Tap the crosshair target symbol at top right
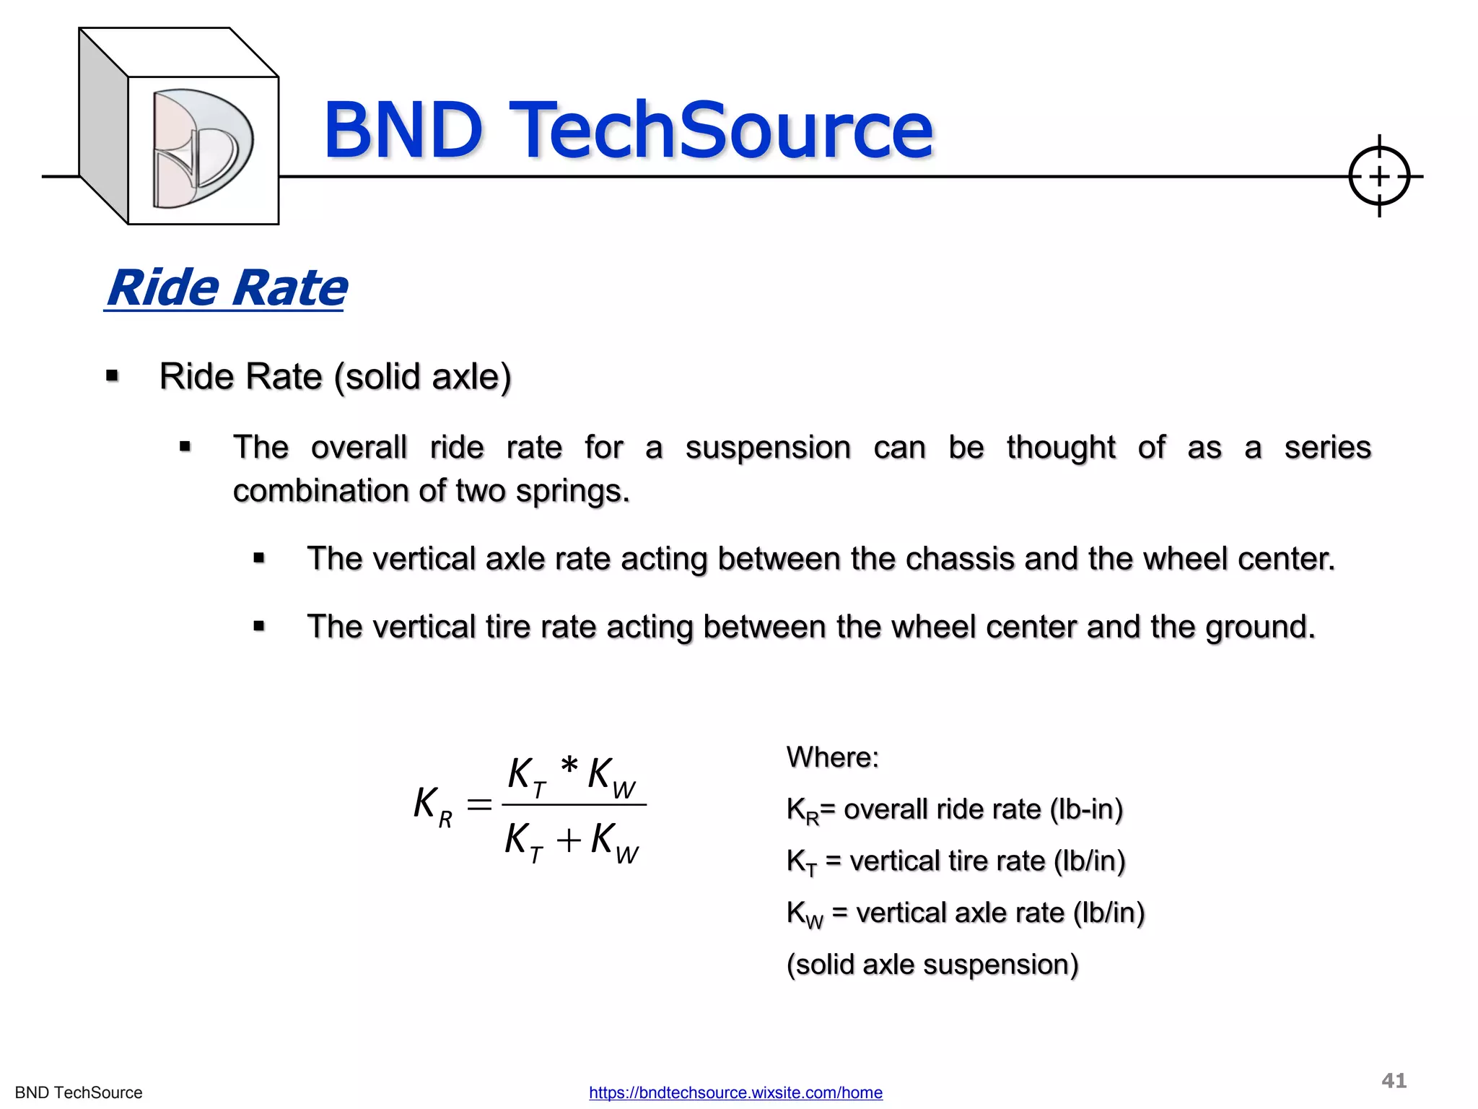[1378, 176]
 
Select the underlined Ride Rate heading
[226, 288]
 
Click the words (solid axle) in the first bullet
[422, 377]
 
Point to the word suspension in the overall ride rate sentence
[768, 448]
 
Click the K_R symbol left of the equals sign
[432, 805]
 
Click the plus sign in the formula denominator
[569, 840]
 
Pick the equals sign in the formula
[479, 804]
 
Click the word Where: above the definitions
[832, 757]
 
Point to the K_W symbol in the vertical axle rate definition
[804, 914]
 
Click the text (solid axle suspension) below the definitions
[932, 965]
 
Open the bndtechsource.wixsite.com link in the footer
[735, 1092]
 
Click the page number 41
[1394, 1080]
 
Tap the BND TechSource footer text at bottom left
[79, 1092]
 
